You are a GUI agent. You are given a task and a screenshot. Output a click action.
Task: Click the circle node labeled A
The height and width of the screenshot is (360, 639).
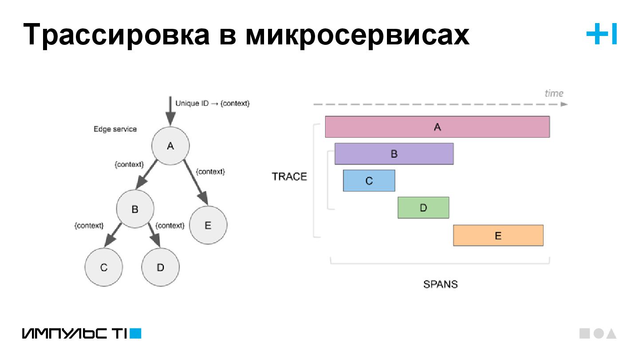[x=170, y=146]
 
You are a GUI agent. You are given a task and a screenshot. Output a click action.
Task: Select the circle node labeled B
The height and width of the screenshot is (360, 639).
[x=135, y=209]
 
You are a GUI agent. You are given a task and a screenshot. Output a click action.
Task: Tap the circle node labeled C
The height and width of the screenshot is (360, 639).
[x=104, y=267]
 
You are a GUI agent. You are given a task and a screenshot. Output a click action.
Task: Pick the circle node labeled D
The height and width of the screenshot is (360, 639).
[x=161, y=267]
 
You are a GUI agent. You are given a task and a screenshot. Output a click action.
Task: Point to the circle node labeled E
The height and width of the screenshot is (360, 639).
[x=208, y=225]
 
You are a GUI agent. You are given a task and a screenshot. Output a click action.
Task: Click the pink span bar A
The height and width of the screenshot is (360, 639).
[x=437, y=127]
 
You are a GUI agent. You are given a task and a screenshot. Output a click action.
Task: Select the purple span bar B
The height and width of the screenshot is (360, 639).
[x=394, y=154]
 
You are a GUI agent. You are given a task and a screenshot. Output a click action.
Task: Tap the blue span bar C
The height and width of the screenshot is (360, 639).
[x=369, y=181]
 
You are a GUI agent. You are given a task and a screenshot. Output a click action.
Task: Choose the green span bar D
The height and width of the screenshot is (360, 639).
[x=423, y=208]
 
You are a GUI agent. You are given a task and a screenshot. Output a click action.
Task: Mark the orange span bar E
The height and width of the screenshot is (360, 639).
[x=498, y=235]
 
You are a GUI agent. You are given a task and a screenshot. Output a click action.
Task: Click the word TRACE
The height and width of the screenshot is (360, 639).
[x=289, y=177]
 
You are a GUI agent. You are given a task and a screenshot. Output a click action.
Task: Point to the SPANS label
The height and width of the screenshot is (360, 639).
[x=440, y=284]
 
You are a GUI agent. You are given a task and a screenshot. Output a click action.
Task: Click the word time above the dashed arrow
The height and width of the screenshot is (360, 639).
[x=554, y=93]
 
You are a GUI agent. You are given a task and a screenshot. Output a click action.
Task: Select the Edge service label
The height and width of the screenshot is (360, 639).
[x=115, y=129]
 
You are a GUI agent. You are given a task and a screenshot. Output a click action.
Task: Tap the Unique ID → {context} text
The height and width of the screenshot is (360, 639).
[x=213, y=103]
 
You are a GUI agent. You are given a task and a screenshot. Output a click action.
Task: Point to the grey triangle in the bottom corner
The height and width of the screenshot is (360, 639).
[x=611, y=334]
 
